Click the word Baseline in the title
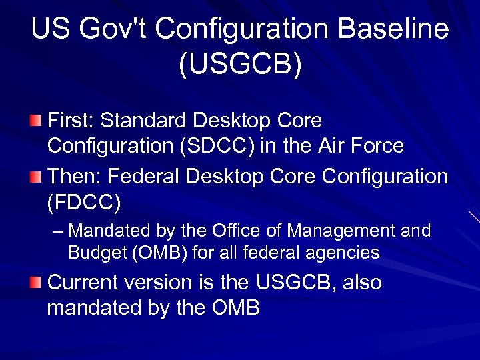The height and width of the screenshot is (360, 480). click(x=394, y=30)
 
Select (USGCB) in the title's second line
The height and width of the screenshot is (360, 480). click(x=240, y=64)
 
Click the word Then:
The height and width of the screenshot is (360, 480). click(x=73, y=177)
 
